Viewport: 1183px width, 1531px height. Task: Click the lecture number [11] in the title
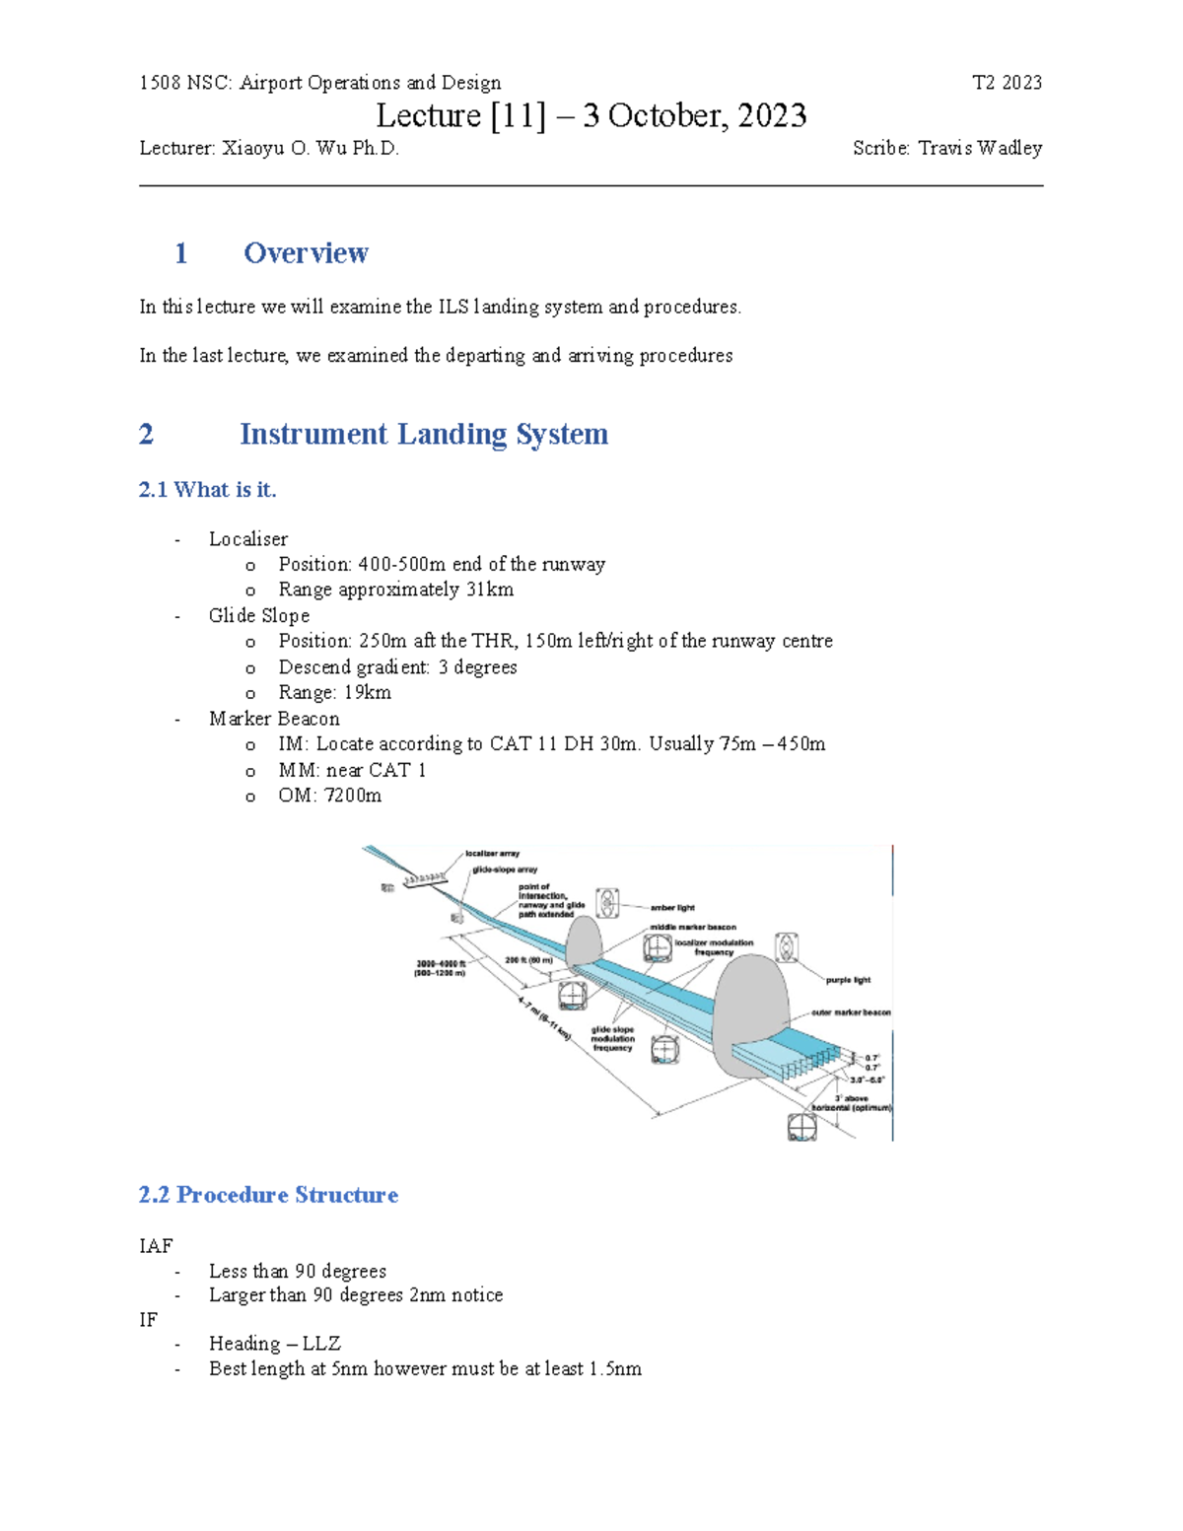(518, 116)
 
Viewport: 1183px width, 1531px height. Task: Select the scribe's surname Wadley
(1009, 148)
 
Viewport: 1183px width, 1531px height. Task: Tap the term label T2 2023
(1007, 83)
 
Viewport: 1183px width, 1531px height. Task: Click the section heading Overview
(306, 253)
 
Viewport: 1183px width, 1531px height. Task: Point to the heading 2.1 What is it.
(207, 490)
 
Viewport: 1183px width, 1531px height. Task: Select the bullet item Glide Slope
(259, 615)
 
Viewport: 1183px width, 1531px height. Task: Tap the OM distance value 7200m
(353, 796)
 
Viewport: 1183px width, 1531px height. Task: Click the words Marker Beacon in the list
(274, 719)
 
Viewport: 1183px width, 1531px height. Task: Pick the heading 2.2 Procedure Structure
(268, 1195)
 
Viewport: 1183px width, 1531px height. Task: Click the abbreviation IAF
(156, 1246)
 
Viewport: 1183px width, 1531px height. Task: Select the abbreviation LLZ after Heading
(321, 1344)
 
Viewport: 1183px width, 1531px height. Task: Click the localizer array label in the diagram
(492, 853)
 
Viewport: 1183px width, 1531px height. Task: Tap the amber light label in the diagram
(672, 907)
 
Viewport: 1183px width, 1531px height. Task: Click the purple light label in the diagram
(848, 980)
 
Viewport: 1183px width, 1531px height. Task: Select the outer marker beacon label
(851, 1012)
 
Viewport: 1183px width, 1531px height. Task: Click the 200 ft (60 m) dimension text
(528, 959)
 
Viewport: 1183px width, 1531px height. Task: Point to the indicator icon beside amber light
(608, 902)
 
